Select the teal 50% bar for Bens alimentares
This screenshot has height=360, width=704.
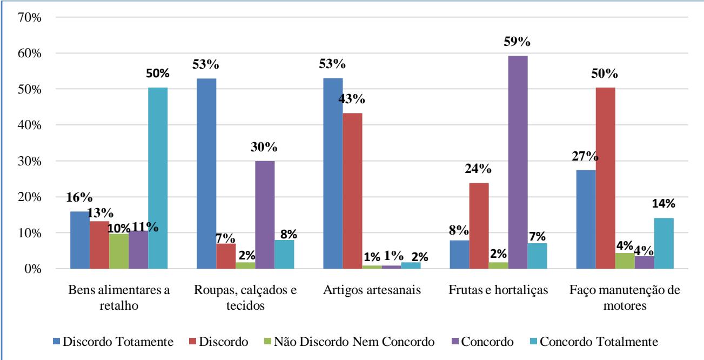158,178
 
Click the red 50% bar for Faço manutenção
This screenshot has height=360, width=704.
605,178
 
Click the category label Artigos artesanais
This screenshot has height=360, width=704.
372,290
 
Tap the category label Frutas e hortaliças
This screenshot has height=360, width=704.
498,290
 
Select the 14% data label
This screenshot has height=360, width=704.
663,204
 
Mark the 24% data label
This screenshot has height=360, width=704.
480,169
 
